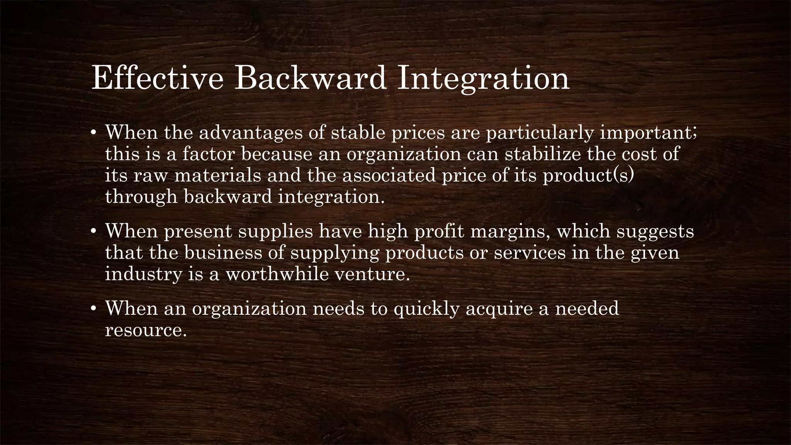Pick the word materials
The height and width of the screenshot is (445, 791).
218,176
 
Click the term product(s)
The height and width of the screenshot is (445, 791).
588,176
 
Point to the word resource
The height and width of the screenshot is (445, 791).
146,330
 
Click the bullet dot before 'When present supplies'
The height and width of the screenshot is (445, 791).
93,233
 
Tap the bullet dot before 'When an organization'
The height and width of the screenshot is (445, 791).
93,310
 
